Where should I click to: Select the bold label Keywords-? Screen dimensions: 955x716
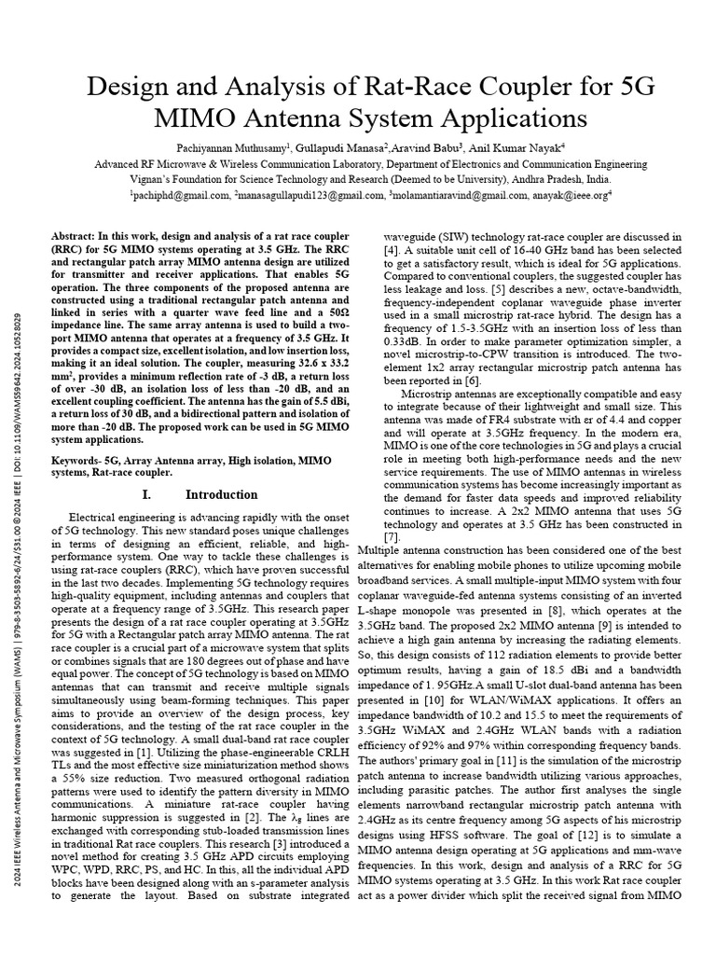pyautogui.click(x=76, y=461)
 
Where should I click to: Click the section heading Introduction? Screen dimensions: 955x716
pyautogui.click(x=214, y=494)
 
